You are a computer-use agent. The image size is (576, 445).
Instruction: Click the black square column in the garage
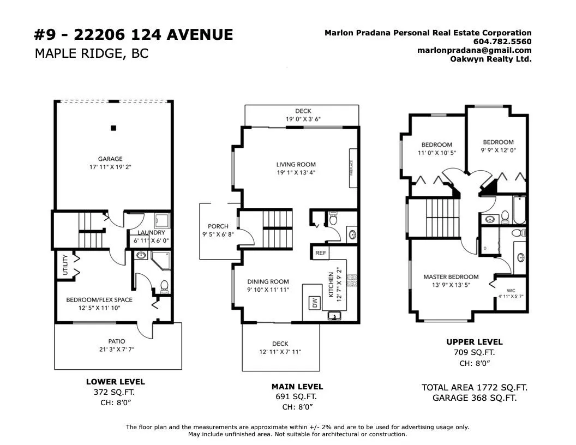(113, 128)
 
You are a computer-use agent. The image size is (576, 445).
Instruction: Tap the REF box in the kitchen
(320, 252)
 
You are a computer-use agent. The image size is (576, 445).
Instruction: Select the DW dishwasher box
(315, 303)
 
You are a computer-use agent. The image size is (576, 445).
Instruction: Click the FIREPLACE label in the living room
(352, 168)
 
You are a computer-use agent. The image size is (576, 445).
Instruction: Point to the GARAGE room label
(110, 159)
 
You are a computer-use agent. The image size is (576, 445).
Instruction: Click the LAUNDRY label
(151, 232)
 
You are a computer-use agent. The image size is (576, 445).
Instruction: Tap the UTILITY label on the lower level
(65, 264)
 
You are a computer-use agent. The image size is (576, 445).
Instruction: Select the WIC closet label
(511, 291)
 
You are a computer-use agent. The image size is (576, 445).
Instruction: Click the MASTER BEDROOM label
(451, 277)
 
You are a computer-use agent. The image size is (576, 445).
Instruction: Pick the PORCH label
(218, 226)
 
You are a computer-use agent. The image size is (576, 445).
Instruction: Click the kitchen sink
(334, 315)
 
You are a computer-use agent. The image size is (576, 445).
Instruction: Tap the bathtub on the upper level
(519, 210)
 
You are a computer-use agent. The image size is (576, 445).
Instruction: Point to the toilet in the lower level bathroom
(164, 287)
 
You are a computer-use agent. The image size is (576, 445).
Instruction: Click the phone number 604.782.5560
(502, 41)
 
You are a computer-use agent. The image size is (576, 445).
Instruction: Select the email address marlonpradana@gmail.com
(474, 50)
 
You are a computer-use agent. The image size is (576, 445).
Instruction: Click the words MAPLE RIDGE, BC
(92, 53)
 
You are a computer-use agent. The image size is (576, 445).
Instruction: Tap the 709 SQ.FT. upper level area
(474, 352)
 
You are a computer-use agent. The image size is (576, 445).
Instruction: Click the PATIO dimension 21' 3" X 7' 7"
(117, 349)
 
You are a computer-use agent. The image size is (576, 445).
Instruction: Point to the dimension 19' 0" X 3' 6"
(303, 119)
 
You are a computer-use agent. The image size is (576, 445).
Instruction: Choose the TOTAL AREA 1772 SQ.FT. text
(474, 387)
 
